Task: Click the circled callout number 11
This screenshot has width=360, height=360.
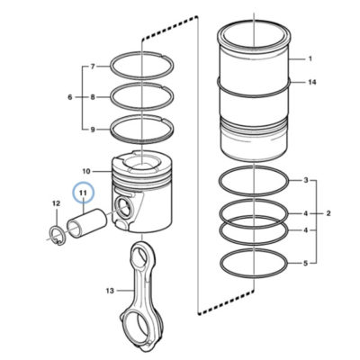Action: point(83,193)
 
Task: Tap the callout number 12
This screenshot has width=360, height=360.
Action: point(57,203)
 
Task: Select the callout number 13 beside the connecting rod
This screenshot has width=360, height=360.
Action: point(110,291)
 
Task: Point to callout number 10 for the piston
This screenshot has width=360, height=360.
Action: point(86,172)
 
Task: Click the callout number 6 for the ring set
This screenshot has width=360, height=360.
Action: point(70,97)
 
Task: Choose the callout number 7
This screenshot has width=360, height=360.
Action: point(93,67)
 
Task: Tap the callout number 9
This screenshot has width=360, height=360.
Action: point(93,130)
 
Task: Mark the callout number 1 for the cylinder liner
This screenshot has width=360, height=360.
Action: point(310,58)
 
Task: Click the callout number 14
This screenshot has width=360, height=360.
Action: point(312,82)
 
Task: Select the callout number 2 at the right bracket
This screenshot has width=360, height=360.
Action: point(328,213)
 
